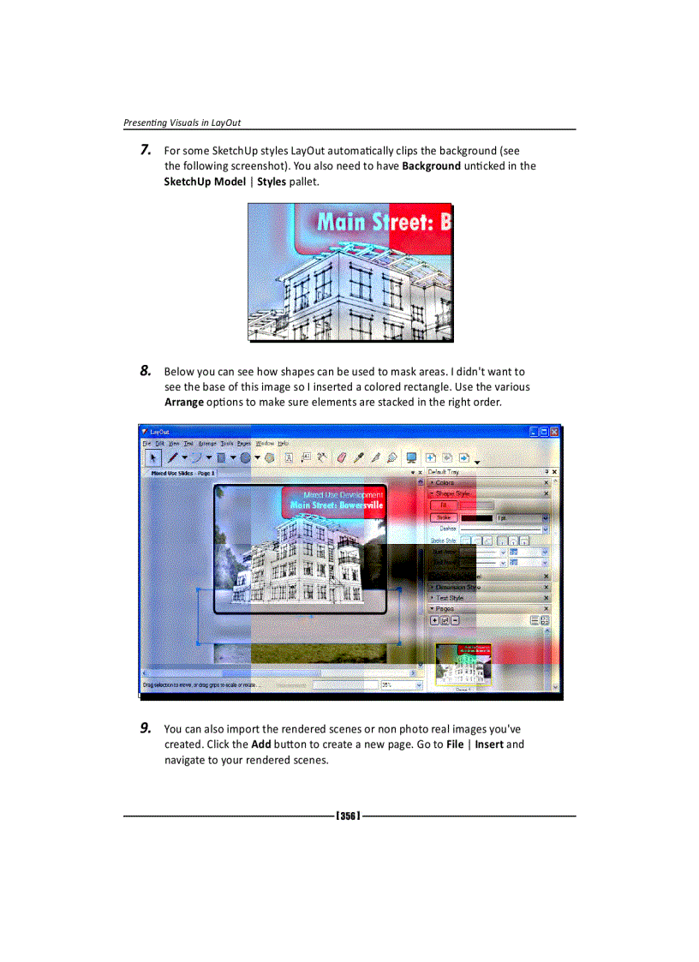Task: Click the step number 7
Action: pos(146,151)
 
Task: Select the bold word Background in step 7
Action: pos(431,166)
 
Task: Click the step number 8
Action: pos(146,371)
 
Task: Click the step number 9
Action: pos(146,728)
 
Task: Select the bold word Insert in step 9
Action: pos(489,744)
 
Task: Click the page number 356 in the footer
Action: pos(348,816)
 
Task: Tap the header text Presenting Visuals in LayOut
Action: pos(182,122)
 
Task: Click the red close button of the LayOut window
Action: pos(553,433)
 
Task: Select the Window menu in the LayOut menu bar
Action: pos(265,444)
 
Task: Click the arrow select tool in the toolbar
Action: pos(152,458)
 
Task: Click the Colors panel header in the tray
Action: pos(445,483)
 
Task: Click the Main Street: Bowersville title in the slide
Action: pos(337,505)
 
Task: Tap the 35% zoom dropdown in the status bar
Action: pos(401,685)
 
